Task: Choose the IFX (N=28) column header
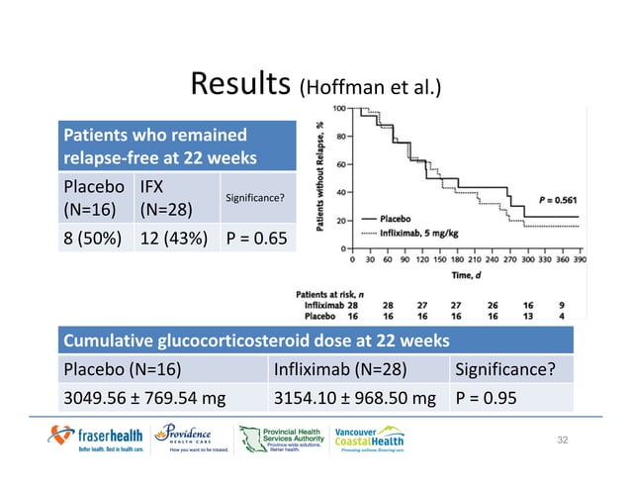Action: click(161, 197)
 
